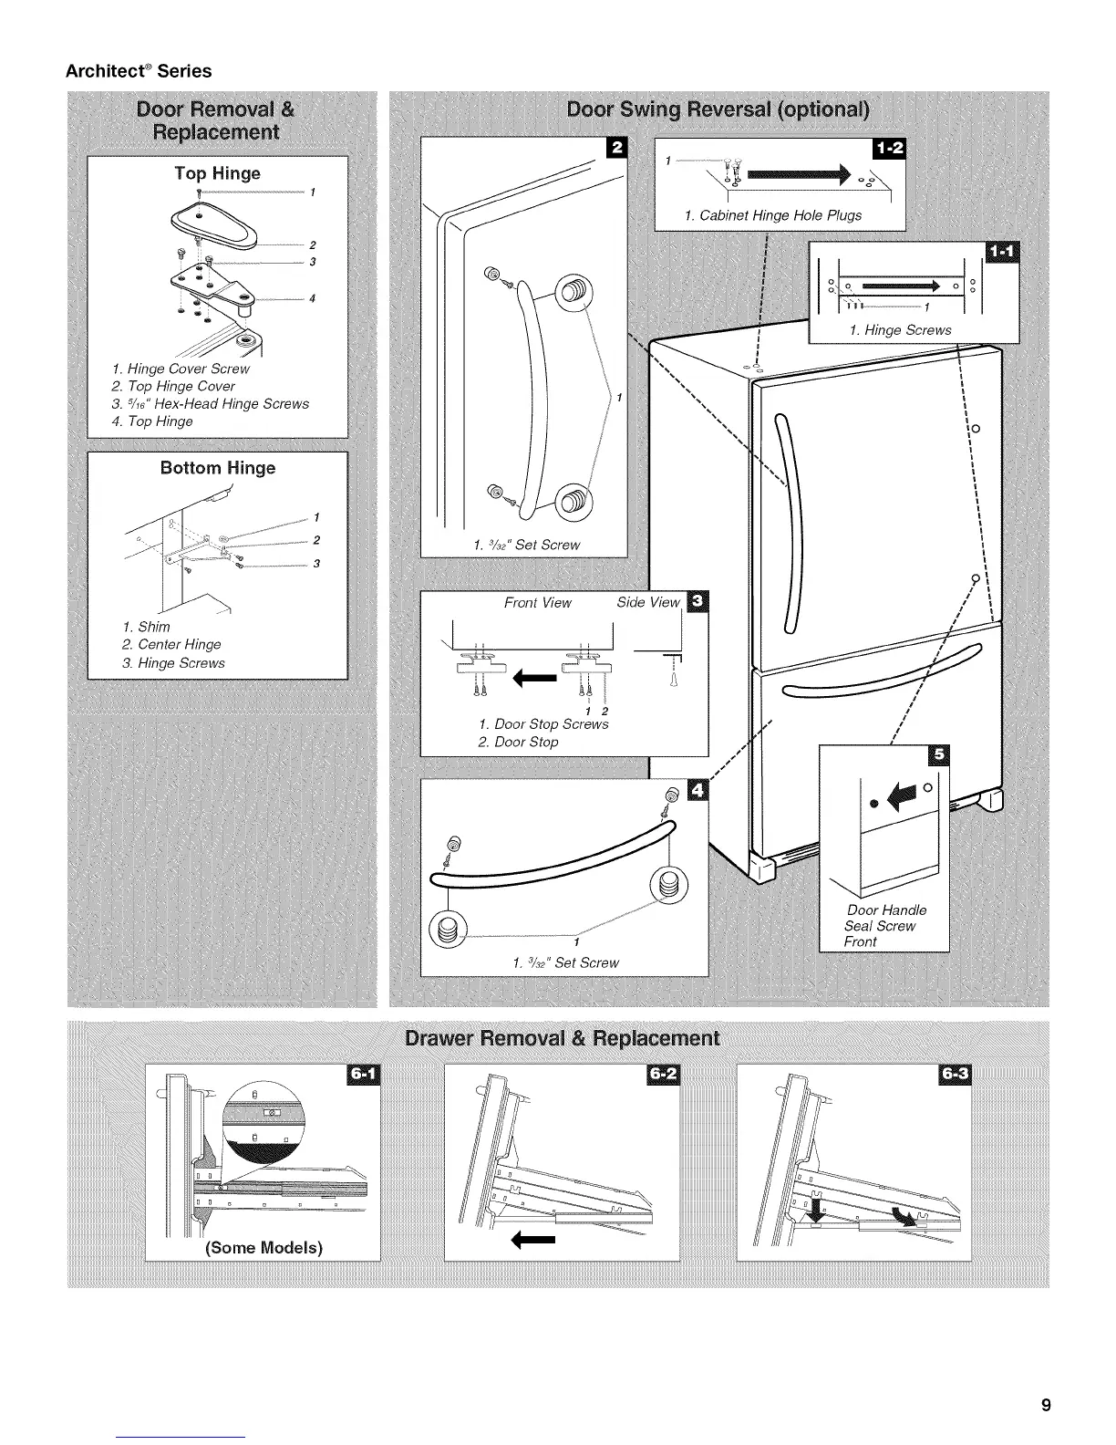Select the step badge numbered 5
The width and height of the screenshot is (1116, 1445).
(x=936, y=755)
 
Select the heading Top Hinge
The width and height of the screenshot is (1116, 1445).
(x=217, y=173)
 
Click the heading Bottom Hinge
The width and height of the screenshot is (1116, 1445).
(x=217, y=468)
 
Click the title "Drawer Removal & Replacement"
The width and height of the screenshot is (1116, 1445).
(x=562, y=1040)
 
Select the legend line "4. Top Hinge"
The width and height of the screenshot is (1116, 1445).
(x=151, y=421)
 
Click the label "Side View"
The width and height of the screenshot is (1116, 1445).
(x=648, y=602)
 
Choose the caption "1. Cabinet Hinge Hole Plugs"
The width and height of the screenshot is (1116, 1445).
(x=772, y=216)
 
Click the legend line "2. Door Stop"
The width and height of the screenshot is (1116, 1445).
(x=518, y=742)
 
